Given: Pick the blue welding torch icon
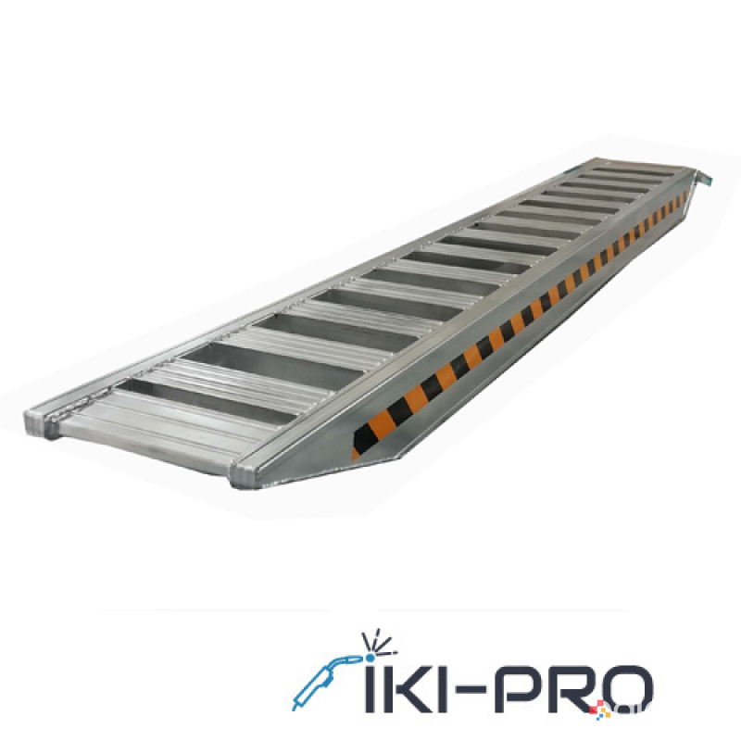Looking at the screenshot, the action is tap(325, 681).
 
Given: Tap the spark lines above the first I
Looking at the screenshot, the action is tap(378, 643).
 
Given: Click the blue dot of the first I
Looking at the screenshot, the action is tap(370, 658).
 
